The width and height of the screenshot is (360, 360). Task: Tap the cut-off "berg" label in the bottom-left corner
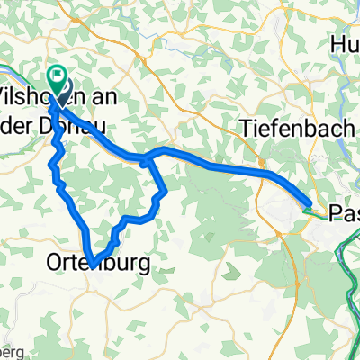[x=7, y=351]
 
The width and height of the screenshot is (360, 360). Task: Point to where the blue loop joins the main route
[x=147, y=160]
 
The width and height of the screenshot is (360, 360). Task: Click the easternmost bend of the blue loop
[x=165, y=191]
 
